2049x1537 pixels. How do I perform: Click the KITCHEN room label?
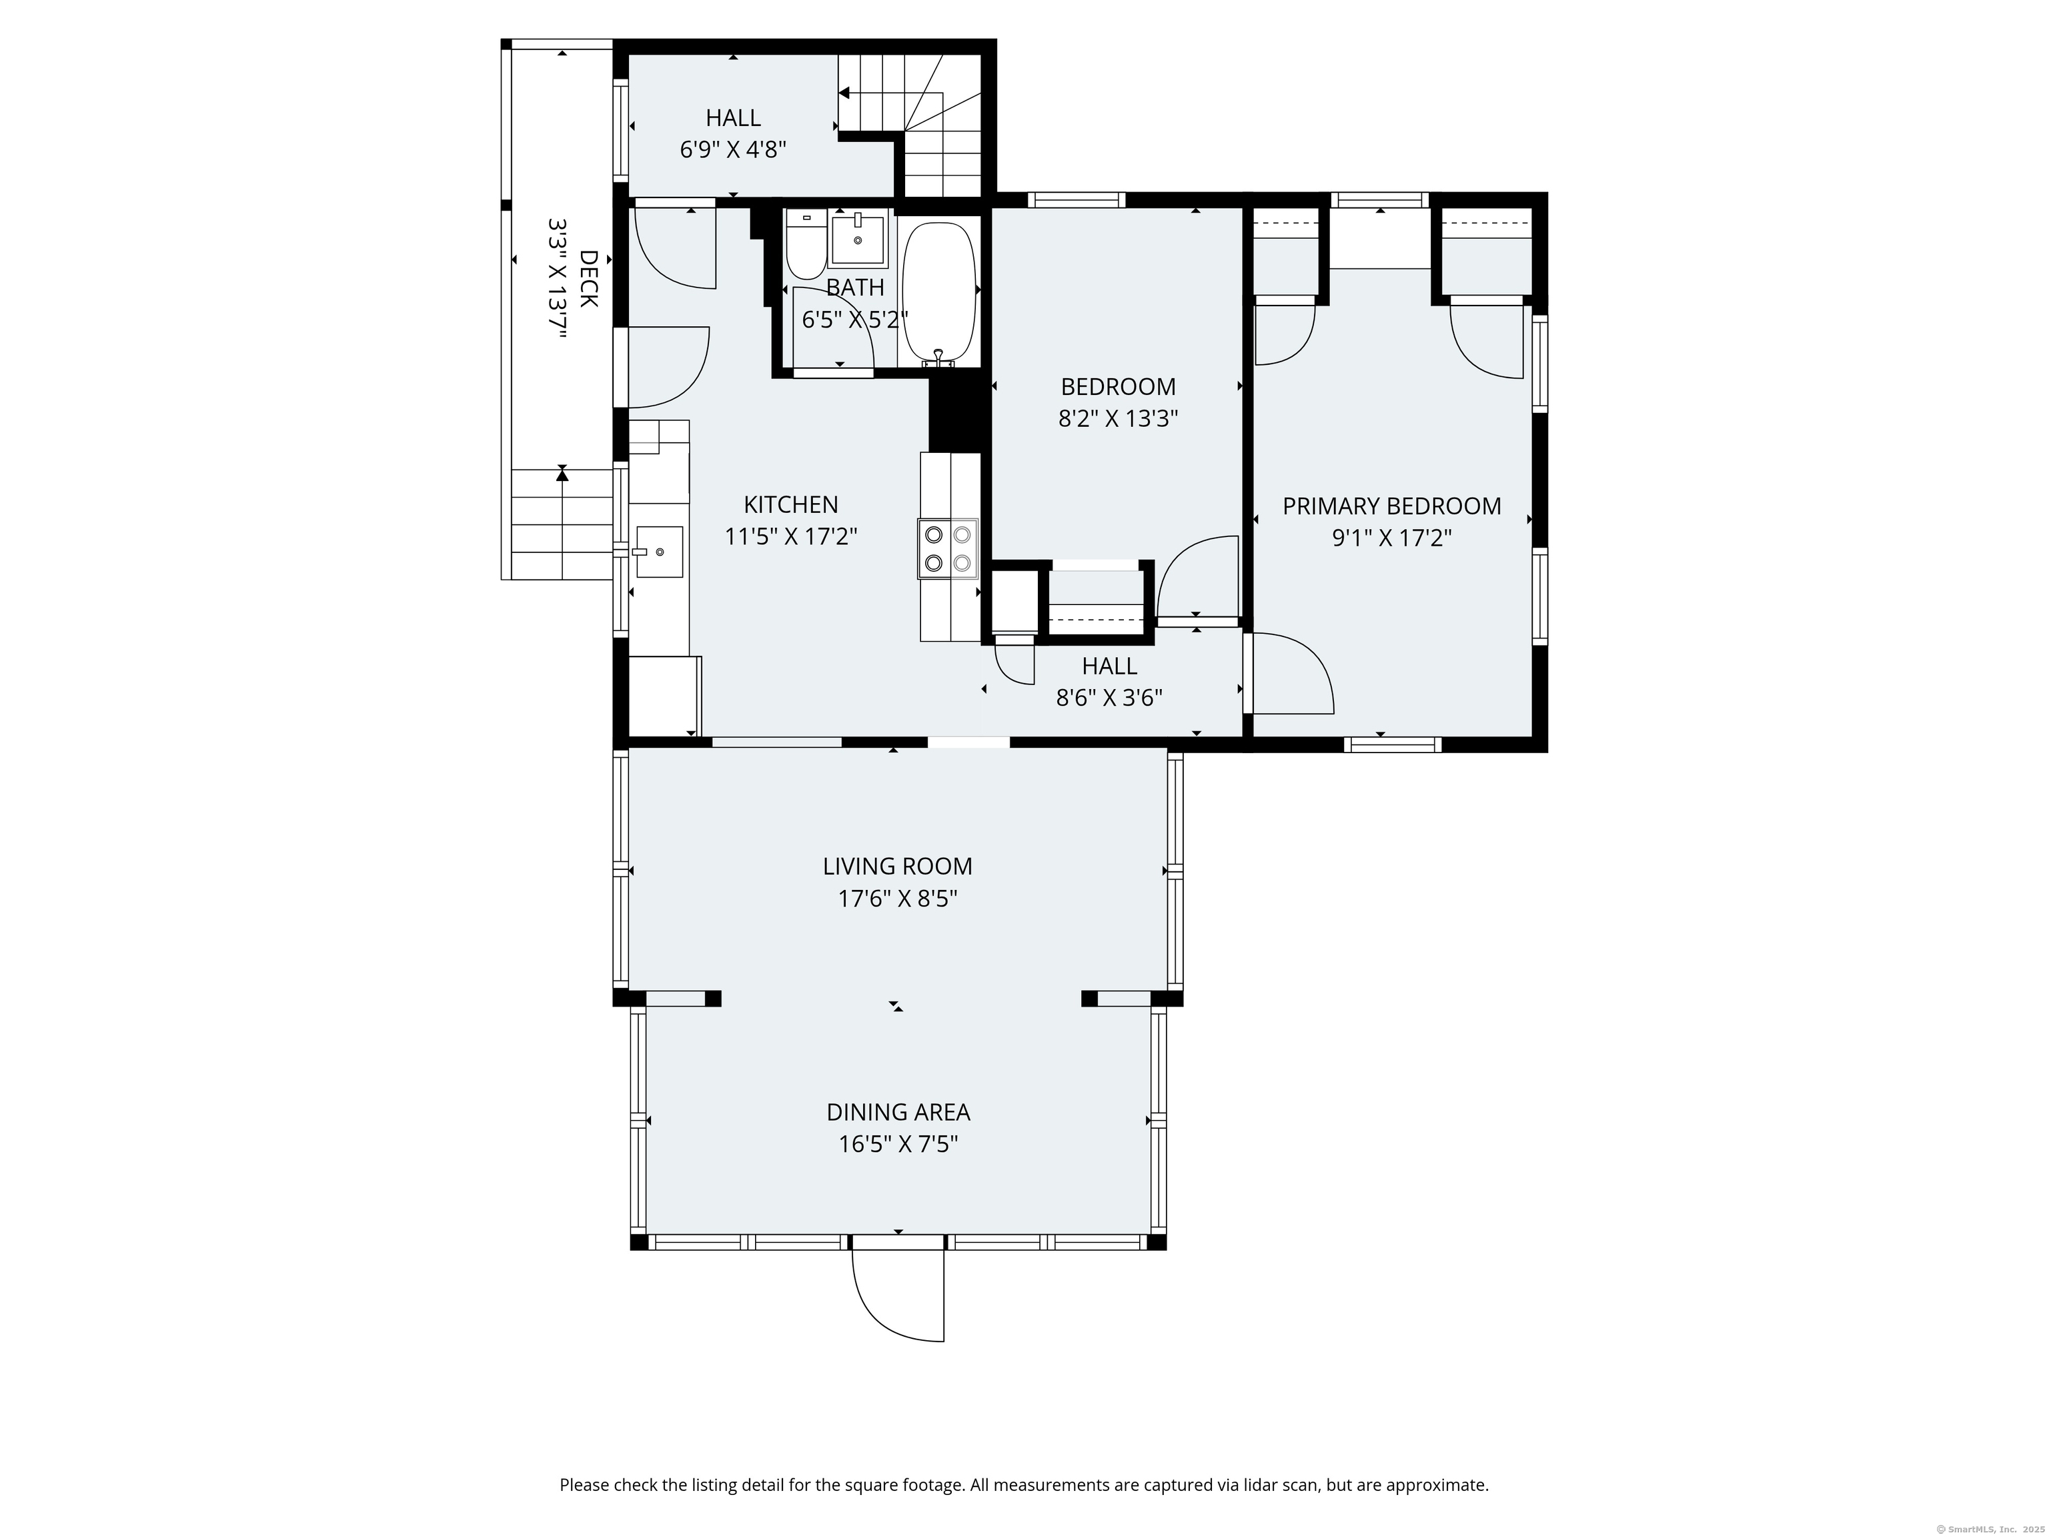click(790, 505)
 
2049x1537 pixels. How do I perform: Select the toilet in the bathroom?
click(805, 245)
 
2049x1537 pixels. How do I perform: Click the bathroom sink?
click(858, 239)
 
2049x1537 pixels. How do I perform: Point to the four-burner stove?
click(948, 548)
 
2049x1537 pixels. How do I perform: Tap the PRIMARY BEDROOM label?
click(1391, 507)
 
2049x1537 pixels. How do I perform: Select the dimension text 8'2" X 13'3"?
click(1118, 419)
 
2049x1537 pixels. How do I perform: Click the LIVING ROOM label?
click(898, 867)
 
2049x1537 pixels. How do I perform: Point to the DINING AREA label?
click(898, 1112)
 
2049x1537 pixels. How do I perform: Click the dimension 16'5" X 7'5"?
click(898, 1144)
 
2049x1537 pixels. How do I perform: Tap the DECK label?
click(589, 278)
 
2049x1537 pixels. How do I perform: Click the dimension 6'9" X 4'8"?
click(734, 150)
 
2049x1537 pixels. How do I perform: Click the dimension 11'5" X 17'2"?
click(790, 537)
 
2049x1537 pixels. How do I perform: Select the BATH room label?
click(855, 288)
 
